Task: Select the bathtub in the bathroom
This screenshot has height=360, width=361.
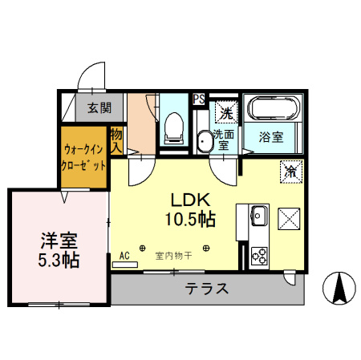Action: [274, 108]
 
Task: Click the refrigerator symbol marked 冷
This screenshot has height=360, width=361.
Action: [290, 171]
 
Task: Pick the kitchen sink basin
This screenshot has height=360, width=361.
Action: [258, 215]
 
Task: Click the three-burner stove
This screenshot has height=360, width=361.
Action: [259, 255]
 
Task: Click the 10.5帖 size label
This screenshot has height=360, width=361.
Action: [191, 218]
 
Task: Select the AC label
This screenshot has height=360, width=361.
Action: [124, 256]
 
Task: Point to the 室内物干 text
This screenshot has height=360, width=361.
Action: [173, 257]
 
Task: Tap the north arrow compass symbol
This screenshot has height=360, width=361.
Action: [339, 289]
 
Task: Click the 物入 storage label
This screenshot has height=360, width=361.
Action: [117, 140]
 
